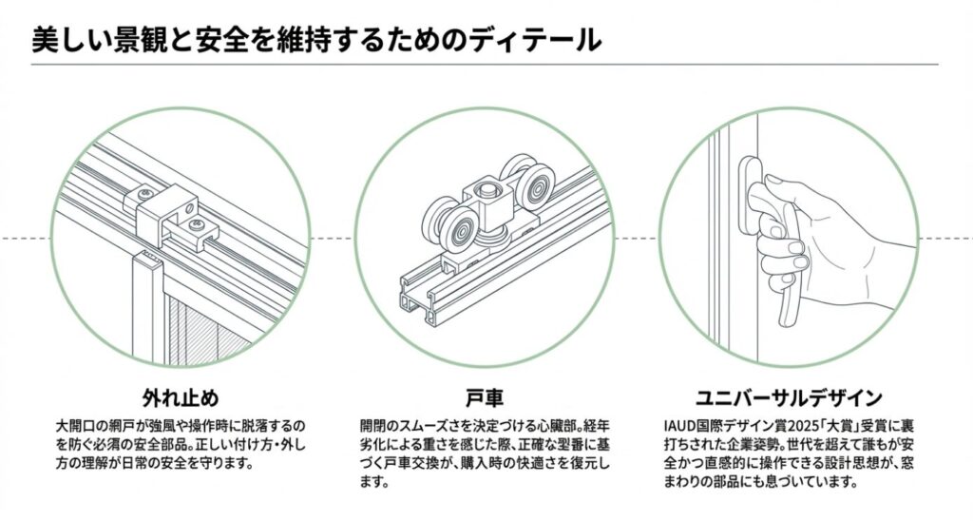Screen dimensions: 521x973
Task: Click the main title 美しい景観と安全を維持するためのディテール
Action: [x=315, y=39]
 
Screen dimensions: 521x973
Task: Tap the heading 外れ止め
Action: [x=181, y=396]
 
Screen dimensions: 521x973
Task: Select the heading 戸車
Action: [x=486, y=396]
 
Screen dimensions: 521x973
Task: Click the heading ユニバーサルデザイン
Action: [x=790, y=396]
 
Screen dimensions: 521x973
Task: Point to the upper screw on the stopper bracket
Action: [x=143, y=194]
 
